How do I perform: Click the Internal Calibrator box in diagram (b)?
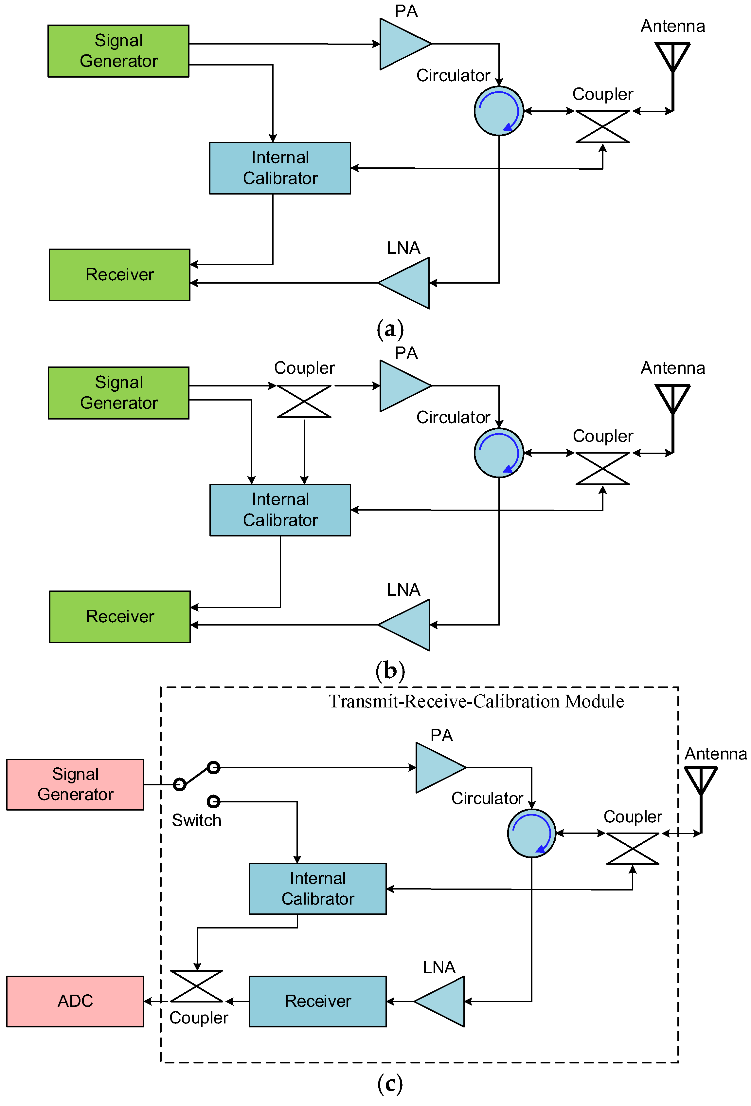(280, 510)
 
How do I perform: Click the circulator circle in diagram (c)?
(531, 833)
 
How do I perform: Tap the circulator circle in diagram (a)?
(498, 111)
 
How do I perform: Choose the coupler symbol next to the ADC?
(196, 986)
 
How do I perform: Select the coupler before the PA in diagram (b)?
(304, 401)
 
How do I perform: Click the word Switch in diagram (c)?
(196, 820)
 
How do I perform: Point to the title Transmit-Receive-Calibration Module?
(475, 701)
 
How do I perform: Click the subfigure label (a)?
(390, 329)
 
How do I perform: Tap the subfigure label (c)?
(390, 1084)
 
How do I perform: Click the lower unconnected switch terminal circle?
(214, 801)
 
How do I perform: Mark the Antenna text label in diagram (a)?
(672, 26)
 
